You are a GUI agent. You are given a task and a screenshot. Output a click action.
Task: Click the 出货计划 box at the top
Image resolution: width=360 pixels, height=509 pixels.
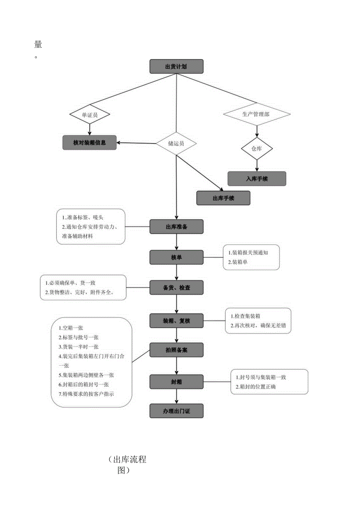click(176, 66)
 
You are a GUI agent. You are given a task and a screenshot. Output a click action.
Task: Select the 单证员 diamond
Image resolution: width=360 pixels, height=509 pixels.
click(90, 115)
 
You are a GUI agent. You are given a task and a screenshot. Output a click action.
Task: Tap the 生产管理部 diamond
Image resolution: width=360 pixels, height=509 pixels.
click(257, 114)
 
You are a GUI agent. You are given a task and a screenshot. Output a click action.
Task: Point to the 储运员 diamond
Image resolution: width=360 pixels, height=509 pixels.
click(176, 143)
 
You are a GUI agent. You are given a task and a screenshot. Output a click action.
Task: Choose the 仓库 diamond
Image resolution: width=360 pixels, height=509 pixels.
click(257, 149)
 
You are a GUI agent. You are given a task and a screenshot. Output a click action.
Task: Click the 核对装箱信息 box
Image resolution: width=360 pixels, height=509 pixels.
click(90, 143)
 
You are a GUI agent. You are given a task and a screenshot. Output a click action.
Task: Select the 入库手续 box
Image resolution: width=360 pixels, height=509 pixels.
click(257, 178)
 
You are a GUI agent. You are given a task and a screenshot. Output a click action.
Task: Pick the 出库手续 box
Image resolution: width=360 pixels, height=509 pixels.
click(223, 198)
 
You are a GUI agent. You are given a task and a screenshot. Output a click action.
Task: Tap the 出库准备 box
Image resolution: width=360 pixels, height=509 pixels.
click(176, 226)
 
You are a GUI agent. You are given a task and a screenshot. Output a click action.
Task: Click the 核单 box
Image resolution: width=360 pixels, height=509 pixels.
click(176, 257)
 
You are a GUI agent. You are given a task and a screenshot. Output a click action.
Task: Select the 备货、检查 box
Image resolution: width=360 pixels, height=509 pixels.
click(176, 288)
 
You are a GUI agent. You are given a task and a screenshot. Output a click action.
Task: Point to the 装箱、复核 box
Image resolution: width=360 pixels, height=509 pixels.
click(176, 321)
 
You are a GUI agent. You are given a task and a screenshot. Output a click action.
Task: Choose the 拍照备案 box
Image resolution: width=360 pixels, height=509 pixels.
click(176, 350)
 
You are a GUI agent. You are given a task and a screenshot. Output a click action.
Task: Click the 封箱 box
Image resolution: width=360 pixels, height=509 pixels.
click(176, 381)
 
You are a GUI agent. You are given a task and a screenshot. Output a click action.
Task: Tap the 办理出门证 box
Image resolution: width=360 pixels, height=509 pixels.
click(176, 411)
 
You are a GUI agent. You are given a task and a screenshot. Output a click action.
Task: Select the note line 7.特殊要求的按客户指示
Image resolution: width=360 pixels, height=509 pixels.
click(86, 394)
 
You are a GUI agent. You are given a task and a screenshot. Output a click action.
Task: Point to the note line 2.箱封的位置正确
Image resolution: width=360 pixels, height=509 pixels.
click(258, 387)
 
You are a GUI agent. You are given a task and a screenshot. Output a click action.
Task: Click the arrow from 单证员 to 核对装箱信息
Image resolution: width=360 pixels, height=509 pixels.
click(90, 129)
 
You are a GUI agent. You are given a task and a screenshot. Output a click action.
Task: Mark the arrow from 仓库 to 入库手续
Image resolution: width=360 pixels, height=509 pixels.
click(257, 165)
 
